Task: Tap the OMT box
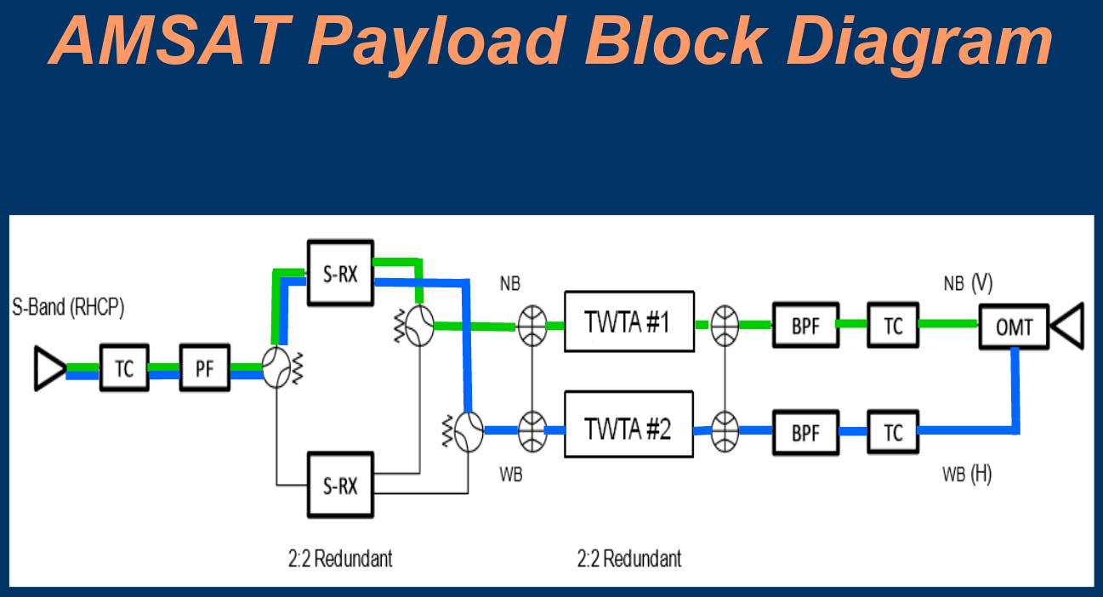[1014, 327]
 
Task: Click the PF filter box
[205, 368]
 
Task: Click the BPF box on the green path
[805, 325]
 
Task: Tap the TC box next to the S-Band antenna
[124, 368]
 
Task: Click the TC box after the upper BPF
[892, 325]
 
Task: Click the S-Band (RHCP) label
[69, 308]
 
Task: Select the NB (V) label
[968, 283]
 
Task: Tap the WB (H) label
[966, 475]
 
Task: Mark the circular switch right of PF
[277, 368]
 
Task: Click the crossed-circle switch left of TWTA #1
[532, 325]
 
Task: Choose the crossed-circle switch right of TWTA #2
[725, 430]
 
